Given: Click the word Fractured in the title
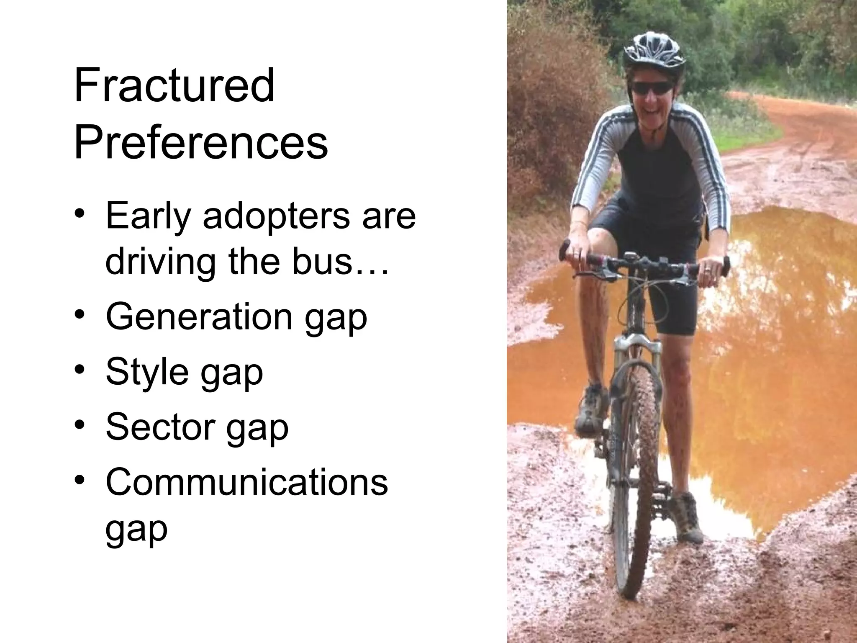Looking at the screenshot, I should tap(174, 86).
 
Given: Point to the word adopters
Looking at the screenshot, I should tap(276, 217).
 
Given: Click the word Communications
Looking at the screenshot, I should tap(247, 482).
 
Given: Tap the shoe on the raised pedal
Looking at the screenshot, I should tap(591, 410).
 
